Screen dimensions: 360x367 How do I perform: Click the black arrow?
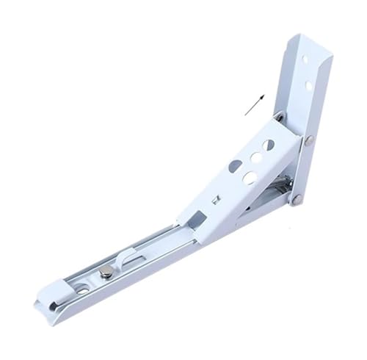[253, 105]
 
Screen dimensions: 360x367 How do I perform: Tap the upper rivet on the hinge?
[308, 140]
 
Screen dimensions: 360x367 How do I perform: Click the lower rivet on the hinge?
[297, 197]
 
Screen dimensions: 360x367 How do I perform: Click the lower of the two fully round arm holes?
[249, 176]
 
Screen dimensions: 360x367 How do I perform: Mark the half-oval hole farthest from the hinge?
[235, 167]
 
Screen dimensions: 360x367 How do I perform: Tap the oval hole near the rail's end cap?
[81, 289]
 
